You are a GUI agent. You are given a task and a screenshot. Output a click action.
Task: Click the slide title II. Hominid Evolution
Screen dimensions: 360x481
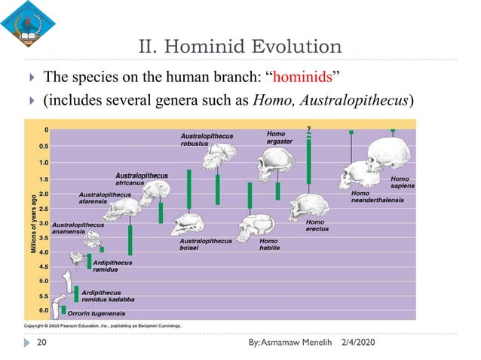pyautogui.click(x=240, y=47)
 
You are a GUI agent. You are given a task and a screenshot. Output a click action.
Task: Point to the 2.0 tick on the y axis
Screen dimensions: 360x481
pyautogui.click(x=45, y=192)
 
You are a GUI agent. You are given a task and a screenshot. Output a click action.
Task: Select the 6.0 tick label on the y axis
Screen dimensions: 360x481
pyautogui.click(x=44, y=310)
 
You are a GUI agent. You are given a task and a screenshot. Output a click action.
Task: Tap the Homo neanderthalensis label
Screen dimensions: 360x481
pyautogui.click(x=377, y=197)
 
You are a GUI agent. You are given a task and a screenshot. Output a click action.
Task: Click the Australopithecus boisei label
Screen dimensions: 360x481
pyautogui.click(x=206, y=244)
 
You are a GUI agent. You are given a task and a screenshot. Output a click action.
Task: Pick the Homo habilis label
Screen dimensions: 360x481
pyautogui.click(x=268, y=244)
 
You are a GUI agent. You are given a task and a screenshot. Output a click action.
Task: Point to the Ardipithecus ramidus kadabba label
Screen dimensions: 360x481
pyautogui.click(x=108, y=295)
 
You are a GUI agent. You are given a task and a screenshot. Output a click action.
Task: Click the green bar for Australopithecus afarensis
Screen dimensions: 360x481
pyautogui.click(x=130, y=239)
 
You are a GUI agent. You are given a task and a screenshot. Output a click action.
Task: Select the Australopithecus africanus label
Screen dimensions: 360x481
pyautogui.click(x=141, y=179)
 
